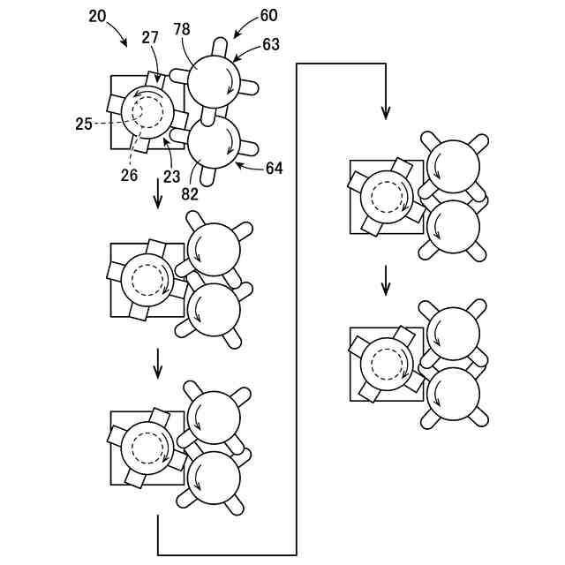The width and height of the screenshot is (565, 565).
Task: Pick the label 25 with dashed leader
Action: (83, 124)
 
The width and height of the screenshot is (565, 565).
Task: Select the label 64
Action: (275, 168)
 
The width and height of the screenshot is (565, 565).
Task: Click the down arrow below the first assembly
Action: (158, 195)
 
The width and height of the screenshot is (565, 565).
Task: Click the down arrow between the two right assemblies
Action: (385, 283)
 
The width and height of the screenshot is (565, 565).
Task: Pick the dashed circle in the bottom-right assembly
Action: (386, 365)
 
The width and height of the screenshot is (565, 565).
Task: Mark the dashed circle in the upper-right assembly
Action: (387, 197)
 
